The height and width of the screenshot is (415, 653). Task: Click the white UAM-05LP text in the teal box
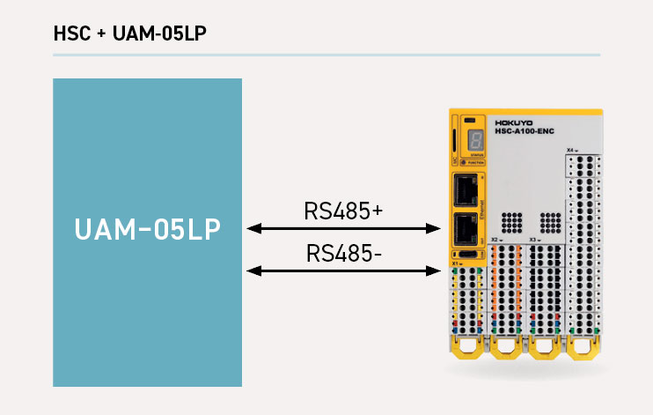pyautogui.click(x=148, y=230)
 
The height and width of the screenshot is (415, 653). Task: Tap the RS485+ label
pyautogui.click(x=343, y=211)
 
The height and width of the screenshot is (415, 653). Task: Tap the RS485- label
pyautogui.click(x=343, y=254)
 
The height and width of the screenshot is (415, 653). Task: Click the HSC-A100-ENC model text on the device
pyautogui.click(x=521, y=132)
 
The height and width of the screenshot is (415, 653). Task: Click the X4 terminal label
pyautogui.click(x=572, y=151)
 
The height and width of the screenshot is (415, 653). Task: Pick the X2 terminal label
pyautogui.click(x=495, y=240)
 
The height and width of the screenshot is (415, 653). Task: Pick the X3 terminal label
pyautogui.click(x=533, y=240)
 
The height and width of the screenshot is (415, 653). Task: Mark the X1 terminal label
pyautogui.click(x=456, y=263)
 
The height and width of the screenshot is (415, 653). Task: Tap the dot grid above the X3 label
pyautogui.click(x=549, y=221)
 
